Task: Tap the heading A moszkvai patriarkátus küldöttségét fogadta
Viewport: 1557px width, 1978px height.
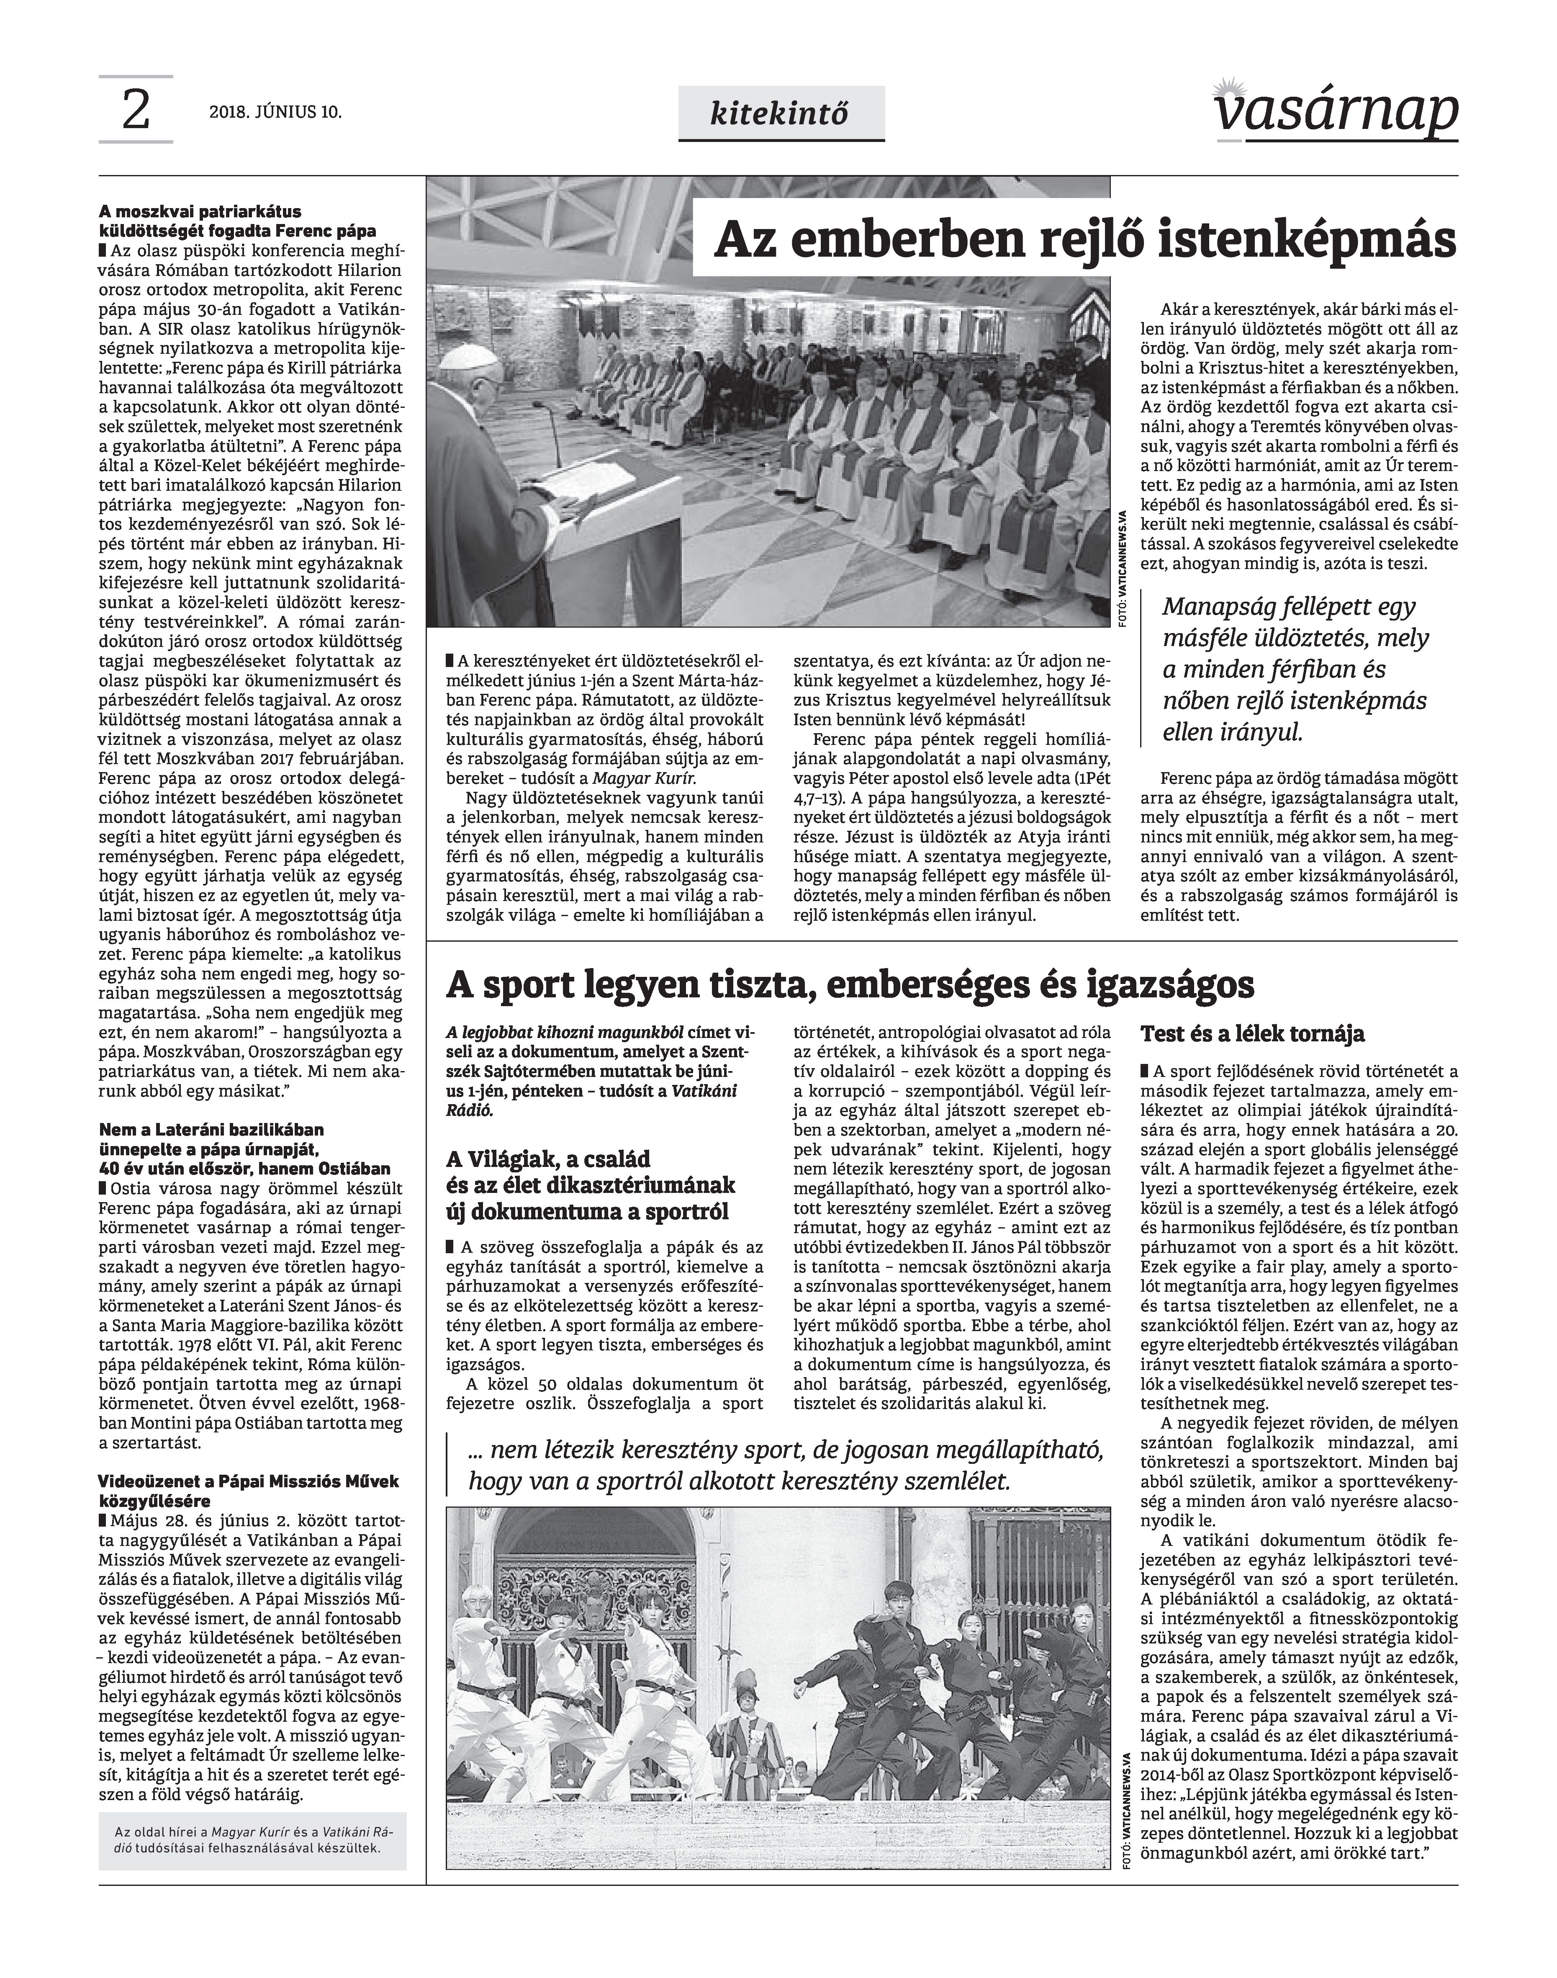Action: coord(237,221)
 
